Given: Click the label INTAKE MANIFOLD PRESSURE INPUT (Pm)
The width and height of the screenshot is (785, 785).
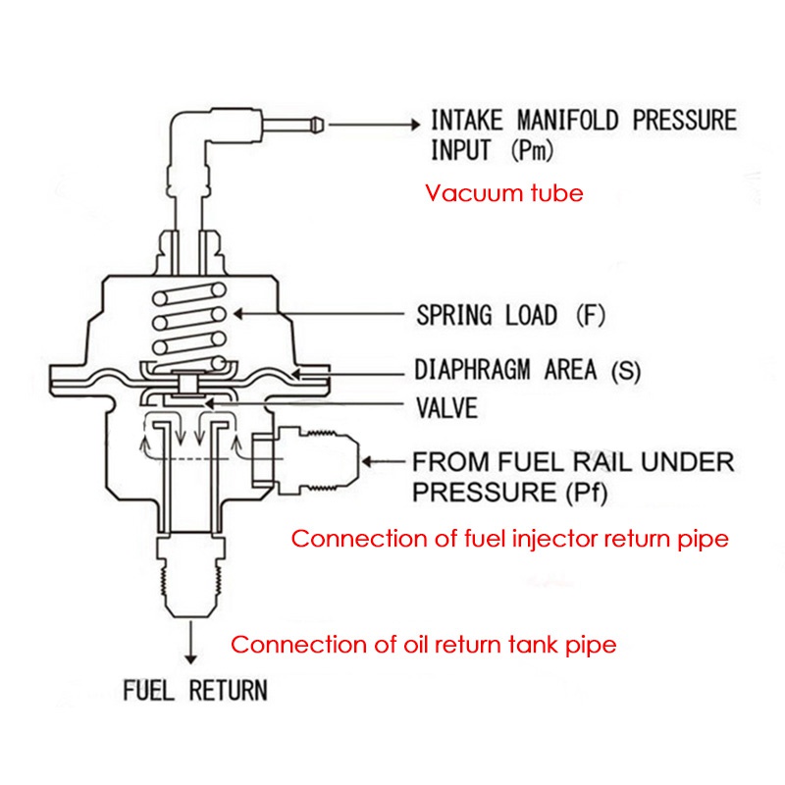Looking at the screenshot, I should pyautogui.click(x=583, y=135).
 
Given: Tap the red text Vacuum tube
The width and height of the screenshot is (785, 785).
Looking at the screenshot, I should pyautogui.click(x=503, y=192).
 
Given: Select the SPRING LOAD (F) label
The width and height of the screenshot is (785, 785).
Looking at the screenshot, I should pyautogui.click(x=511, y=316).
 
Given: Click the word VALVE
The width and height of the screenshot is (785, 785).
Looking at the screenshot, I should pyautogui.click(x=446, y=406).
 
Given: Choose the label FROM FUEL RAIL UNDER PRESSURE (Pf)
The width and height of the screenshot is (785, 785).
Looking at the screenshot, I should pyautogui.click(x=573, y=476).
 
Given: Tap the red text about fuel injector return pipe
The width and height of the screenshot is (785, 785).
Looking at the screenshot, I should pyautogui.click(x=510, y=539).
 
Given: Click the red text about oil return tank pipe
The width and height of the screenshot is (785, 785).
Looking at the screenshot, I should pyautogui.click(x=423, y=645).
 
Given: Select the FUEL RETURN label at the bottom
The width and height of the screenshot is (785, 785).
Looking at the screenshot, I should pyautogui.click(x=194, y=690).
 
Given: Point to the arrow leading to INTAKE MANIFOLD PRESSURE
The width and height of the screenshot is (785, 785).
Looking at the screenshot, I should pyautogui.click(x=373, y=124).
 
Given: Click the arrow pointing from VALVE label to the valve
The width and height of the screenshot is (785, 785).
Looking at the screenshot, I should pyautogui.click(x=294, y=404).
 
